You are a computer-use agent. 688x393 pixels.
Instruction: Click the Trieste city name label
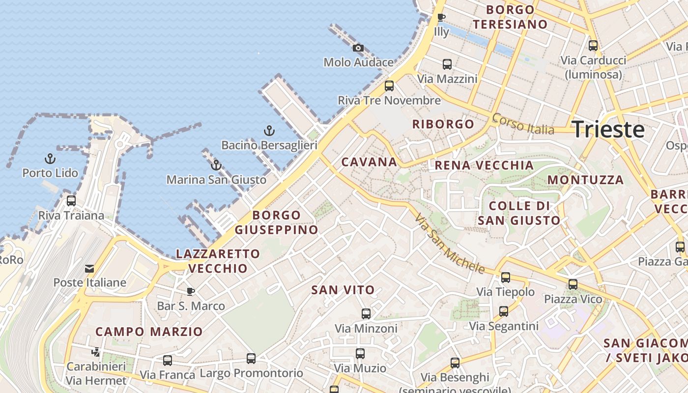pos(608,129)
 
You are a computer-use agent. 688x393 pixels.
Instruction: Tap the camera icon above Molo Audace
pos(358,48)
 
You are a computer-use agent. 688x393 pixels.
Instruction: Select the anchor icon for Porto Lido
pos(50,158)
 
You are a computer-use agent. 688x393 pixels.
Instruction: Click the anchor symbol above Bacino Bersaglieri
pos(269,131)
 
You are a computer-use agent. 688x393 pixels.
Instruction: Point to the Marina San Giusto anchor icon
pos(216,165)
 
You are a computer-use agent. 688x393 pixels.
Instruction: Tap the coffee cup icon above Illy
pos(441,18)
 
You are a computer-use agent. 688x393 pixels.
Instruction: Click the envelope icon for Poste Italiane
pos(89,269)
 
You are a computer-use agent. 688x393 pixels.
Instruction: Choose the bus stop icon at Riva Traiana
pos(71,200)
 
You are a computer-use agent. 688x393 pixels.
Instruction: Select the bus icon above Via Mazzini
pos(447,64)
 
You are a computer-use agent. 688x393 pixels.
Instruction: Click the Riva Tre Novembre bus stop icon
pos(389,86)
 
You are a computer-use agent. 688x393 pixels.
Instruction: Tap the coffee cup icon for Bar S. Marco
pos(191,292)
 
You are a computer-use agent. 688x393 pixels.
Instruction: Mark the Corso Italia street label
pos(523,124)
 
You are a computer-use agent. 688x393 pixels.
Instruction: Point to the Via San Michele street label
pos(449,244)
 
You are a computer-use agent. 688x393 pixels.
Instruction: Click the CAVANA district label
pos(369,162)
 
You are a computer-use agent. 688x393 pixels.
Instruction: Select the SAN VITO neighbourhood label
pos(343,290)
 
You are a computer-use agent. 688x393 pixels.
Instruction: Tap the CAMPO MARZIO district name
pos(149,332)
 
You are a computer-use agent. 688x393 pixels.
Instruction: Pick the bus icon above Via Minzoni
pos(366,313)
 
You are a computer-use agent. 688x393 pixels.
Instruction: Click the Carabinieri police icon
pos(96,352)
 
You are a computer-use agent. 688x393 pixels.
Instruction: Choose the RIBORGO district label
pos(443,124)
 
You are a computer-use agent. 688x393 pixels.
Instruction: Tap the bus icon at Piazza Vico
pos(573,284)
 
